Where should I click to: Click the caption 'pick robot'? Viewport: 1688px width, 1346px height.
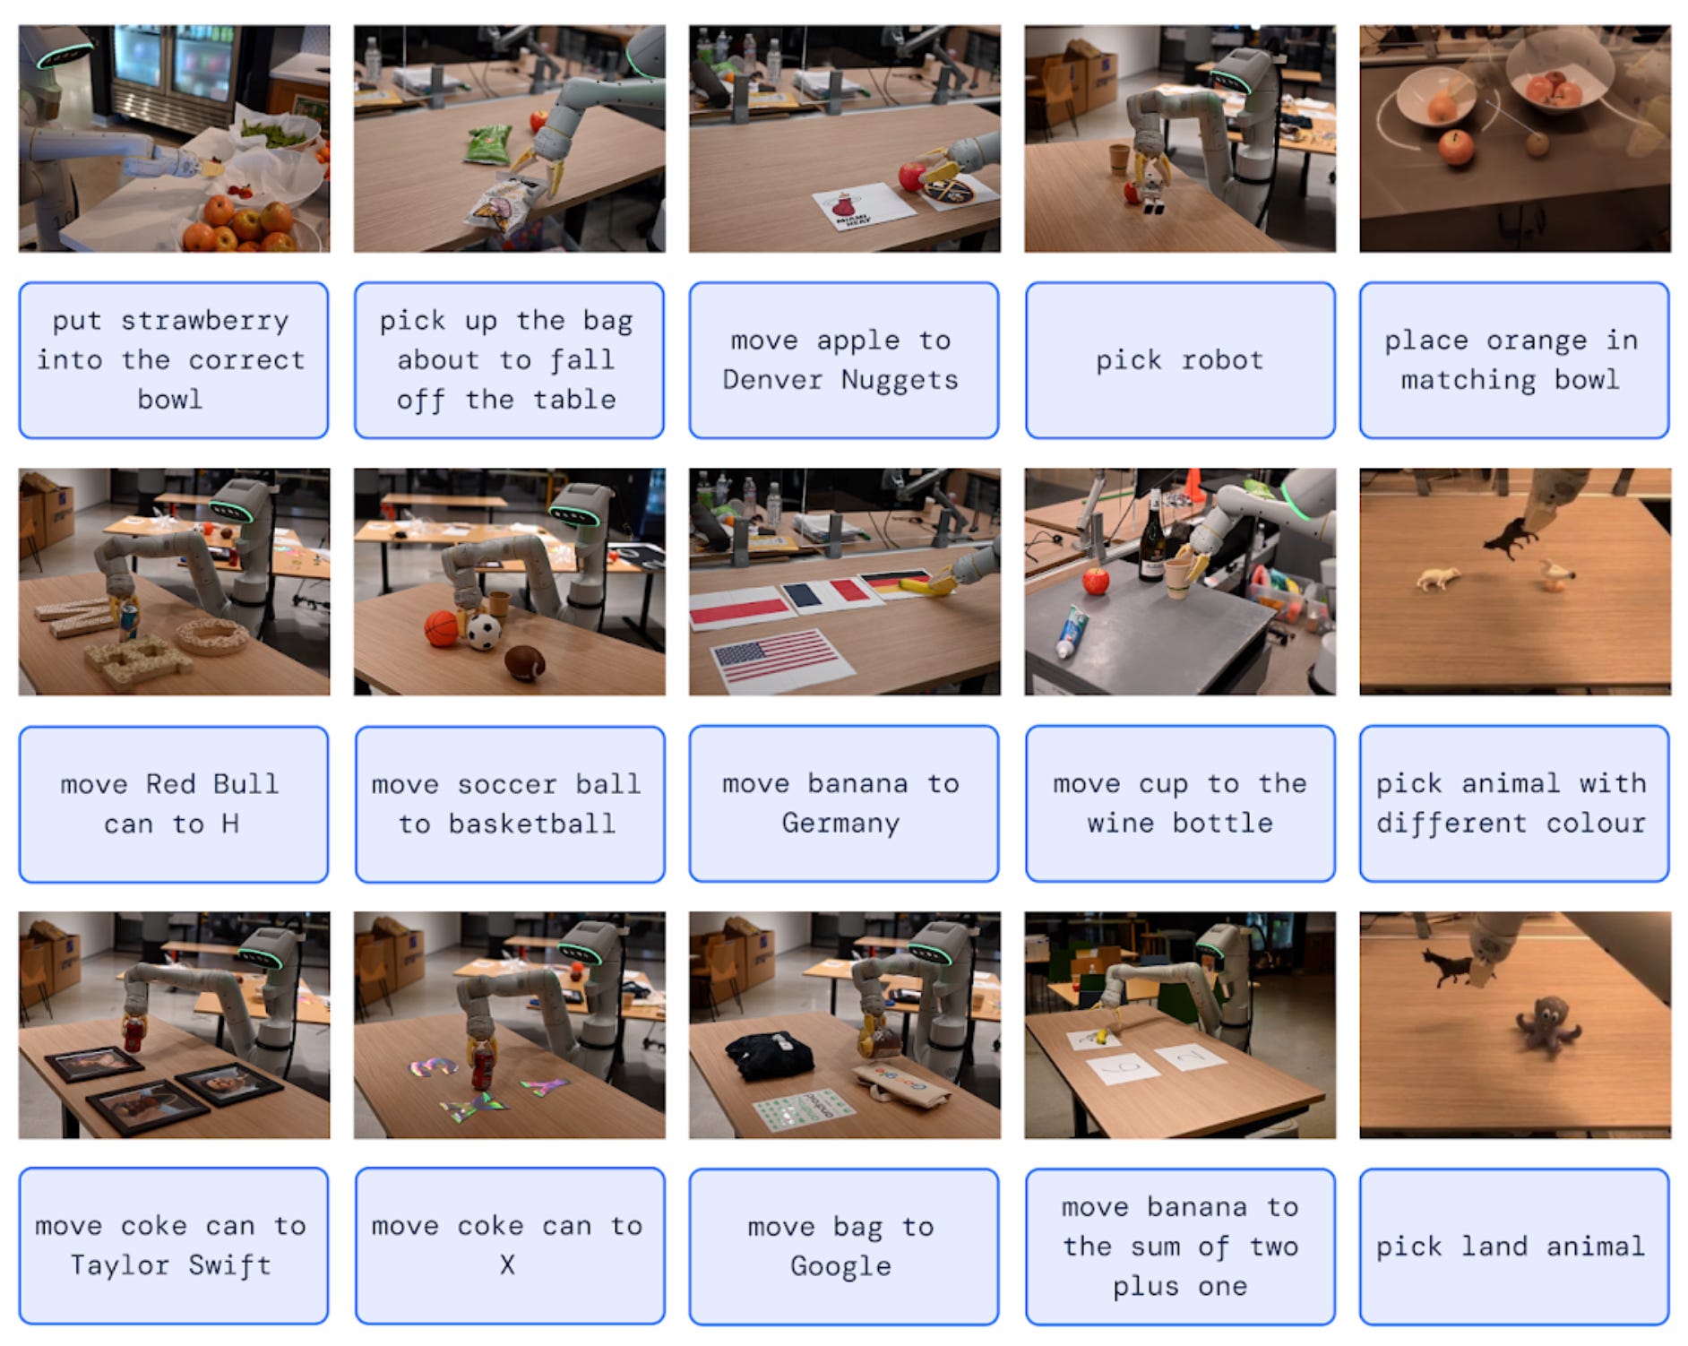point(1179,360)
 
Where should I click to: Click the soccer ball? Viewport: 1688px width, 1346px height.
point(484,631)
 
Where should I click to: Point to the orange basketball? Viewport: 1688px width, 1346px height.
point(441,627)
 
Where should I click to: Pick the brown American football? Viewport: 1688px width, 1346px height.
point(525,662)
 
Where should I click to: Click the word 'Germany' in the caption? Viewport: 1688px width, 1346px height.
point(840,823)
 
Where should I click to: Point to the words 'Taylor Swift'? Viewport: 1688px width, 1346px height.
point(170,1264)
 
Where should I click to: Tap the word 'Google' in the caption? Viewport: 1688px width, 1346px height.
point(840,1265)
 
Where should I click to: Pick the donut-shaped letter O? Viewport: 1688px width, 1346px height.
point(212,636)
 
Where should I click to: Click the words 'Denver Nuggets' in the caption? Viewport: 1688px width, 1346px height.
point(840,380)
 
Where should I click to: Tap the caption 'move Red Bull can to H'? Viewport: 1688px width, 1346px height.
point(170,804)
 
